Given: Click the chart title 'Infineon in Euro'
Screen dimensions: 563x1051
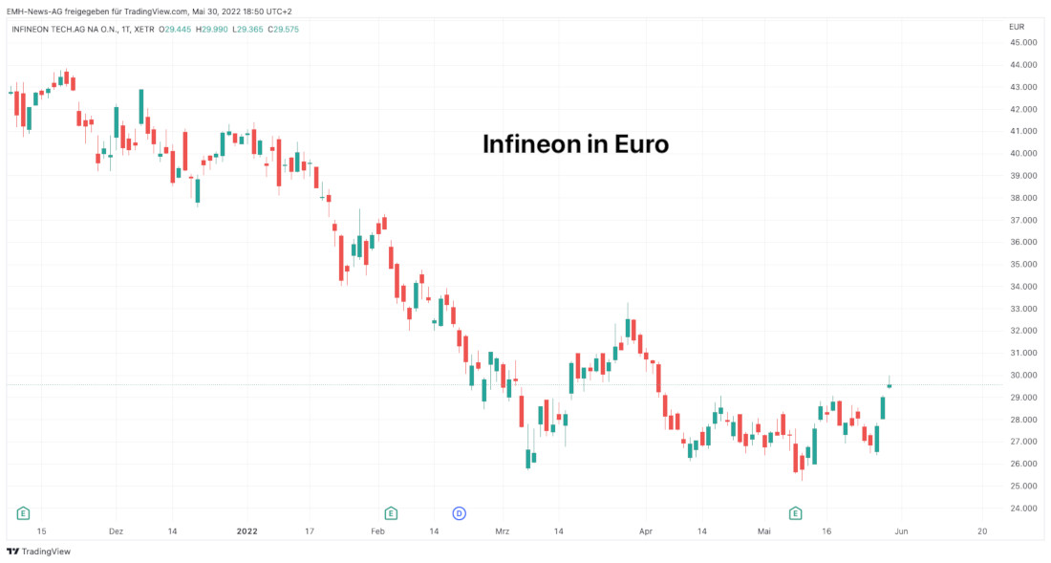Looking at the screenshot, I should tap(575, 144).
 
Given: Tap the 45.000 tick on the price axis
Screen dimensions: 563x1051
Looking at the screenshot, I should tap(1024, 43).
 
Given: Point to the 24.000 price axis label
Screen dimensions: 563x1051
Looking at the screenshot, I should tap(1024, 509).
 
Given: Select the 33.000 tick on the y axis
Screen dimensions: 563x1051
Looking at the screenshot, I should tap(1024, 309).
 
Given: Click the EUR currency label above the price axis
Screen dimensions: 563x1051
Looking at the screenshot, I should tap(1017, 27).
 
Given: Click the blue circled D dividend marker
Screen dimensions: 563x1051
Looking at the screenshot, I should tap(459, 513).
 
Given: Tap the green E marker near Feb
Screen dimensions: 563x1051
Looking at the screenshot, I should tap(390, 513).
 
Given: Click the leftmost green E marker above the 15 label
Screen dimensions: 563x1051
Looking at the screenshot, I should tap(23, 513).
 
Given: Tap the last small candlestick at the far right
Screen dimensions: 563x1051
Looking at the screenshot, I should tap(890, 385).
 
